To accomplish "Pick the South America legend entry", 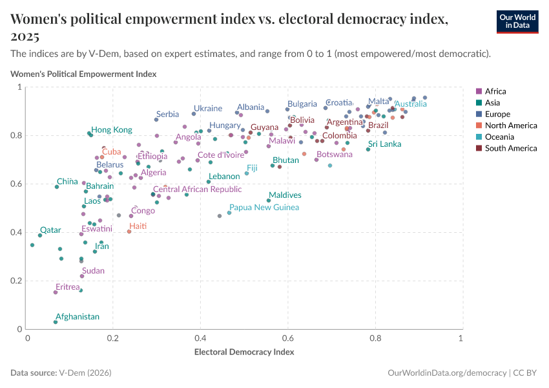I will click(510, 149).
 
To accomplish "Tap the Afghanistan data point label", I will click(78, 317).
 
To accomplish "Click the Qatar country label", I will click(50, 230).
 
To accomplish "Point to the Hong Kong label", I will click(111, 129).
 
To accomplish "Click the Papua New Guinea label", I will click(264, 208).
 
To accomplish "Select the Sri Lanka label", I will click(385, 144).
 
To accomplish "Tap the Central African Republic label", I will click(197, 189).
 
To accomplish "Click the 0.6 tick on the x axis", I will click(287, 338).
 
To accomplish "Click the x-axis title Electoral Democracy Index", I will click(244, 352).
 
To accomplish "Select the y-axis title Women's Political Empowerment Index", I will click(83, 74).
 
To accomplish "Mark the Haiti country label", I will click(138, 226).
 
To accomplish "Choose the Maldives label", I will click(285, 195).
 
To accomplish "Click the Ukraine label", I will click(208, 109).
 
